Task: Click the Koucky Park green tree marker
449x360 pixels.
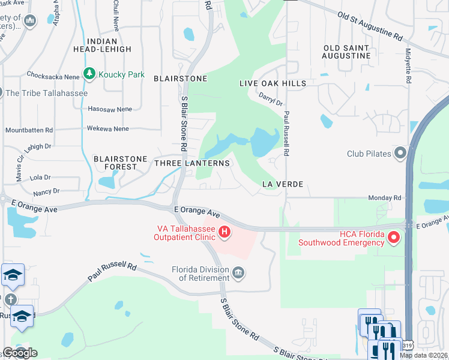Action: pyautogui.click(x=89, y=74)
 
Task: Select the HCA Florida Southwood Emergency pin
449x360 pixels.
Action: pyautogui.click(x=394, y=238)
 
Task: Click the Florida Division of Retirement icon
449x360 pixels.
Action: pyautogui.click(x=238, y=274)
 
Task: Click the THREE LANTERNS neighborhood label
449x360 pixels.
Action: pyautogui.click(x=192, y=163)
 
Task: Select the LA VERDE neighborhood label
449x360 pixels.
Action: pyautogui.click(x=282, y=184)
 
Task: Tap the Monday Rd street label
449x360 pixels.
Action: pyautogui.click(x=384, y=197)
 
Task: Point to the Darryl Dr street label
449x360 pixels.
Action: pyautogui.click(x=271, y=99)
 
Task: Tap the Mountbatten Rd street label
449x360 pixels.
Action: pyautogui.click(x=29, y=130)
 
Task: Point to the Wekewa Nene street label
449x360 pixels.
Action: pyautogui.click(x=108, y=128)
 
